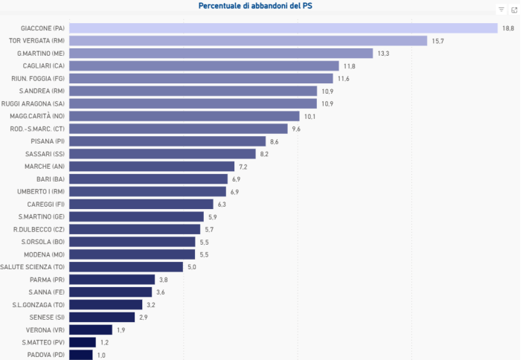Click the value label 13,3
(x=383, y=54)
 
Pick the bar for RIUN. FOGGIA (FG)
(x=201, y=78)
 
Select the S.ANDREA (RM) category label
(x=42, y=91)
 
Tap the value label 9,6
(x=296, y=129)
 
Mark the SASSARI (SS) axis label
(x=45, y=154)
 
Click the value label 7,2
(x=243, y=167)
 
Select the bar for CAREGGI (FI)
(x=141, y=204)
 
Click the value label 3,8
(x=164, y=280)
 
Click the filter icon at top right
(x=501, y=10)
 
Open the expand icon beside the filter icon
(x=514, y=10)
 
